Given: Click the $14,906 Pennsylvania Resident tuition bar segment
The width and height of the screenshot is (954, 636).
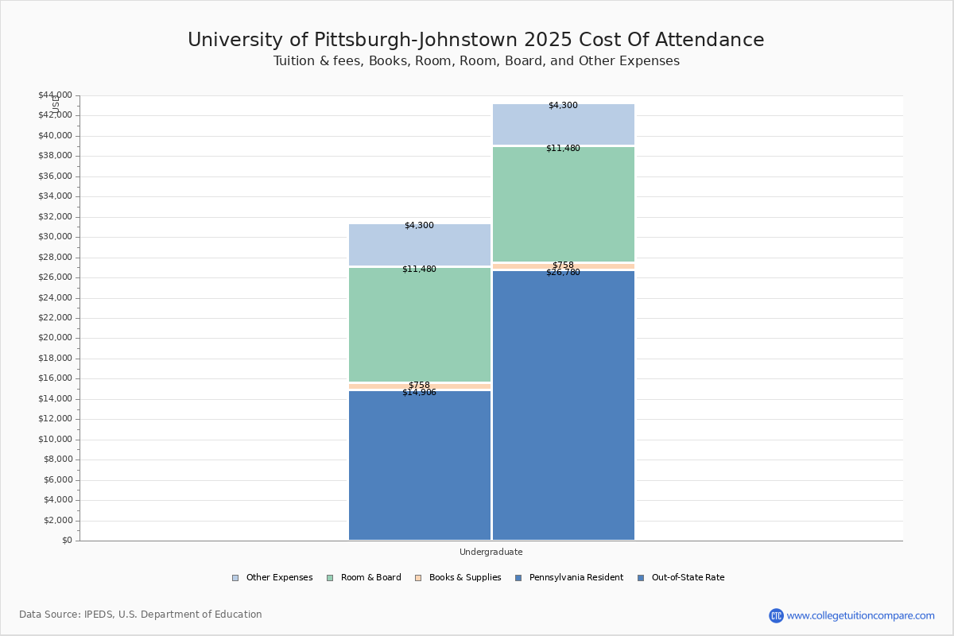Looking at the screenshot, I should [x=420, y=465].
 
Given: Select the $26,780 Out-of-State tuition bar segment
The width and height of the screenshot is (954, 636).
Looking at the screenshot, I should [x=564, y=405].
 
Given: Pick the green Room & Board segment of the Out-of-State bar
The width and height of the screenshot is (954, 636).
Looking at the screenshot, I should [x=564, y=204].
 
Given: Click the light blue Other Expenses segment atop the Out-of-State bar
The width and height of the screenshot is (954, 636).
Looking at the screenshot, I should [x=564, y=124].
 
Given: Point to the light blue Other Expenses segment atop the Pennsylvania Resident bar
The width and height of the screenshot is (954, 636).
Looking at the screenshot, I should [x=420, y=244].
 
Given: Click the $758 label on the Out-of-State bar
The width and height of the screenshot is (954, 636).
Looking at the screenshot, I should [x=563, y=265].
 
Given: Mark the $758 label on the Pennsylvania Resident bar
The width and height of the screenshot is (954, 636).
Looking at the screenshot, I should [x=419, y=385].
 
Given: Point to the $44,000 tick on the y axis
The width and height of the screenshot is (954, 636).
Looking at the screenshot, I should [x=55, y=95].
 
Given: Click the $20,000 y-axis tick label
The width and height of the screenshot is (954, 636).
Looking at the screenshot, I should [x=55, y=338].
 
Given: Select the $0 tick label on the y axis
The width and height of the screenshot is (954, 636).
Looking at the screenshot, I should [x=66, y=541].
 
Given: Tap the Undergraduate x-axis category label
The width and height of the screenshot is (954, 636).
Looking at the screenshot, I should [x=491, y=552].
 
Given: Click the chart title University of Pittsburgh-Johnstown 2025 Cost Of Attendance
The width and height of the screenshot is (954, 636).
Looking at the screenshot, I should [x=475, y=40].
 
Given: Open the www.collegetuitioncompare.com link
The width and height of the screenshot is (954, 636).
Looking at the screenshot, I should [x=860, y=615].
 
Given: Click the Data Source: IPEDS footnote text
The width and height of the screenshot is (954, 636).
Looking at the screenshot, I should [x=141, y=615].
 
